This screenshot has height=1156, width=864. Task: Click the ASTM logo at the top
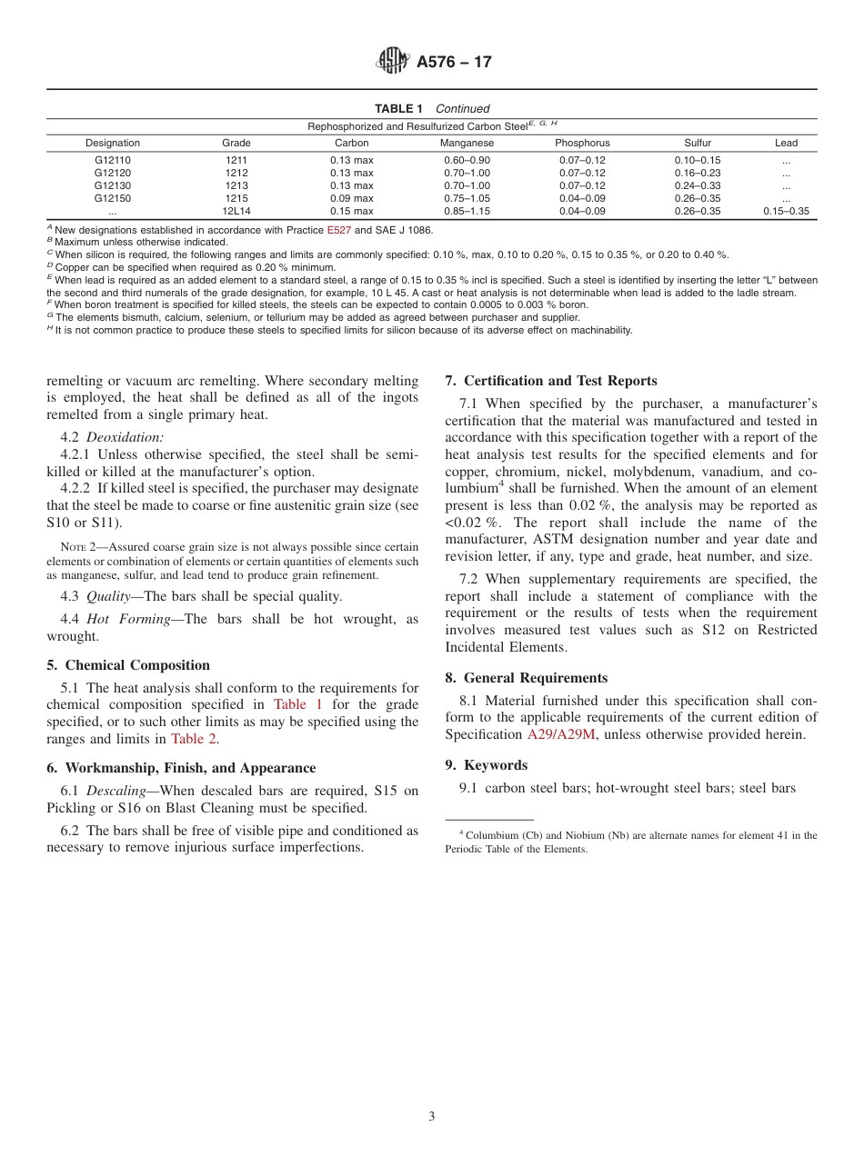pyautogui.click(x=393, y=62)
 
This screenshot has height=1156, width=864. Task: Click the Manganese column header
pyautogui.click(x=467, y=143)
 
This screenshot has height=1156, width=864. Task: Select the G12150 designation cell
pyautogui.click(x=113, y=198)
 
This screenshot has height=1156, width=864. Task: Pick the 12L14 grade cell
pyautogui.click(x=236, y=211)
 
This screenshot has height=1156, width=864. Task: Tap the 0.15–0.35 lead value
pyautogui.click(x=786, y=211)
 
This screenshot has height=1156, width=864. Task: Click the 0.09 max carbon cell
pyautogui.click(x=351, y=198)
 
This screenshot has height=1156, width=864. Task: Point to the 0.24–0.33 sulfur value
pyautogui.click(x=698, y=185)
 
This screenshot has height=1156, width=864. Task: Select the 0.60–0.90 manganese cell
pyautogui.click(x=467, y=160)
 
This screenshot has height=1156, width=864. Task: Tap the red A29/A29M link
pyautogui.click(x=561, y=734)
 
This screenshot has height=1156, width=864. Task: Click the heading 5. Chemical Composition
pyautogui.click(x=128, y=665)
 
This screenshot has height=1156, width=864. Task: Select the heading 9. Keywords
pyautogui.click(x=486, y=765)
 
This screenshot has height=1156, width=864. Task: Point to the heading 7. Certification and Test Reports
pyautogui.click(x=551, y=381)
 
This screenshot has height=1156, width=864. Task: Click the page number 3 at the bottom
pyautogui.click(x=432, y=1116)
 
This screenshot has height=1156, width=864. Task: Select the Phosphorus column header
pyautogui.click(x=582, y=143)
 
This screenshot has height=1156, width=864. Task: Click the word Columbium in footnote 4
pyautogui.click(x=495, y=835)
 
